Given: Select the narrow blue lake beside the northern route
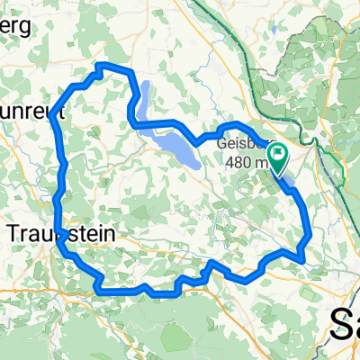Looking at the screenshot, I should click(x=144, y=97).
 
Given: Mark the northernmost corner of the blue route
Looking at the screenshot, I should click(x=101, y=66).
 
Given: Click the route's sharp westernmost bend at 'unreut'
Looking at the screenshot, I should click(x=53, y=113).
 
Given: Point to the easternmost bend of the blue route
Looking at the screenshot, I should click(x=310, y=236).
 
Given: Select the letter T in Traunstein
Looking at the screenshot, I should click(x=13, y=233).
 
